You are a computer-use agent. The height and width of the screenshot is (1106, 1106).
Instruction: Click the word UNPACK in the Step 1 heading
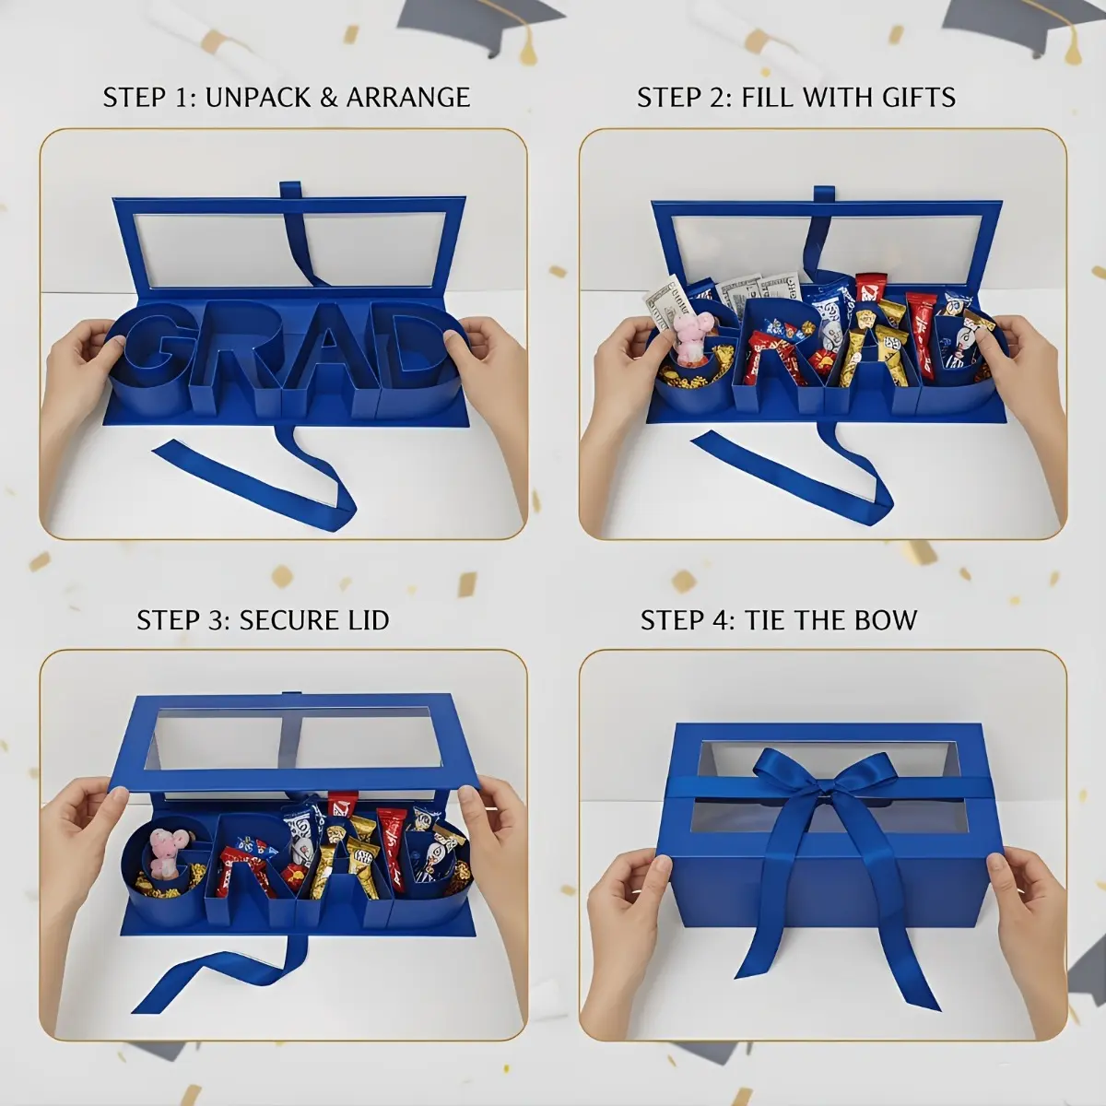pyautogui.click(x=258, y=97)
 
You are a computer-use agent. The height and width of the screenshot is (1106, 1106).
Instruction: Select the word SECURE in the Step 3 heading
pyautogui.click(x=282, y=620)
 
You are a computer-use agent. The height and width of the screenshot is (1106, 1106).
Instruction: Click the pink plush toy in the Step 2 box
pyautogui.click(x=691, y=337)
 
